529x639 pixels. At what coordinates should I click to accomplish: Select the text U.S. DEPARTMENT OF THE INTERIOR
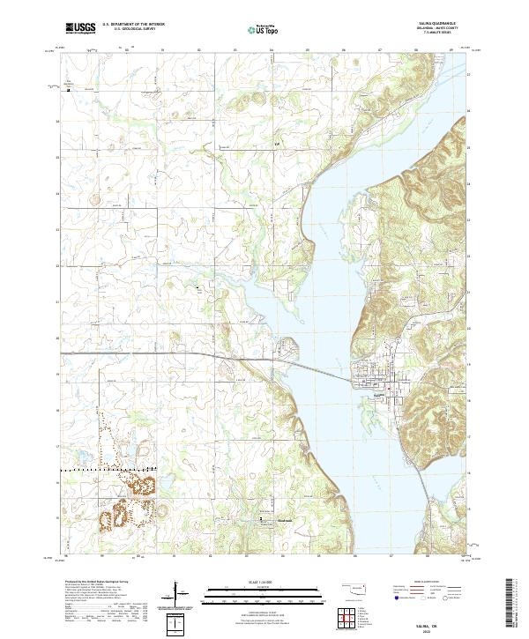134,26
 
